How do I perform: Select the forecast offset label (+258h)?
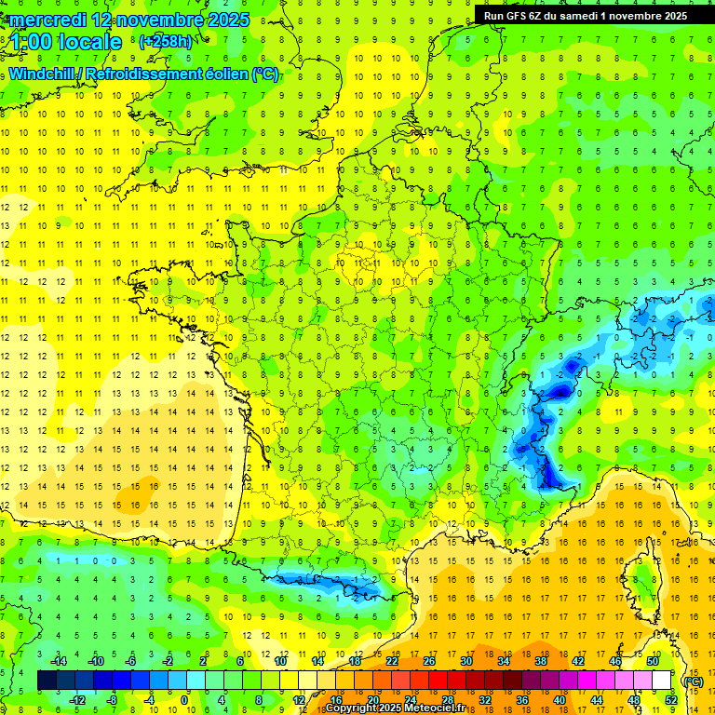click(x=166, y=41)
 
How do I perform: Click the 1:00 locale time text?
click(x=65, y=42)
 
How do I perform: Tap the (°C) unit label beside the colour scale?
click(x=693, y=681)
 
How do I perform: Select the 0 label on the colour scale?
click(x=183, y=700)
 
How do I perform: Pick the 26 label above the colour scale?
click(x=428, y=661)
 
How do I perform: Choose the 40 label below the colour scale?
click(x=559, y=700)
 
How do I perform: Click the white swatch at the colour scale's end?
click(x=662, y=681)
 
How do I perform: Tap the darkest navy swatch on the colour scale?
click(x=47, y=681)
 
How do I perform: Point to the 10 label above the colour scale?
click(x=280, y=661)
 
